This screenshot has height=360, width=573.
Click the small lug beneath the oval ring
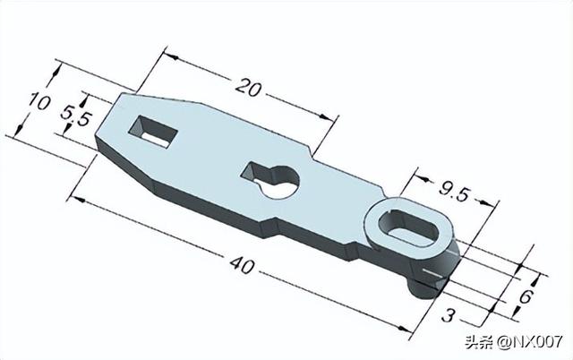tap(421, 287)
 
